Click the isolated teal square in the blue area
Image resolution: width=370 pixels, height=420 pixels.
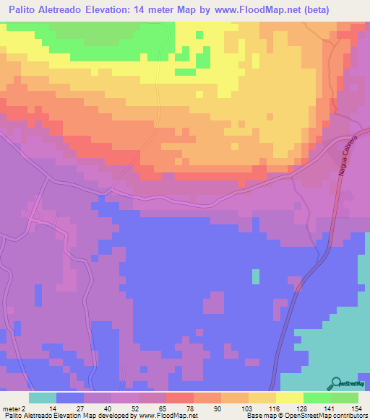point(255,276)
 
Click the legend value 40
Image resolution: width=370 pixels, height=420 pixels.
point(106,408)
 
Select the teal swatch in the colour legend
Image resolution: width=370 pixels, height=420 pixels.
point(43,398)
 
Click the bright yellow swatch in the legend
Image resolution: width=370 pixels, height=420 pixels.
point(289,398)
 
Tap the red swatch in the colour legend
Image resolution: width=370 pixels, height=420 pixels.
point(179,398)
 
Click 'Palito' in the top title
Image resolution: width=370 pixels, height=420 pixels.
point(25,10)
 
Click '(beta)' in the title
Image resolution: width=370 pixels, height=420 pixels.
point(309,10)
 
